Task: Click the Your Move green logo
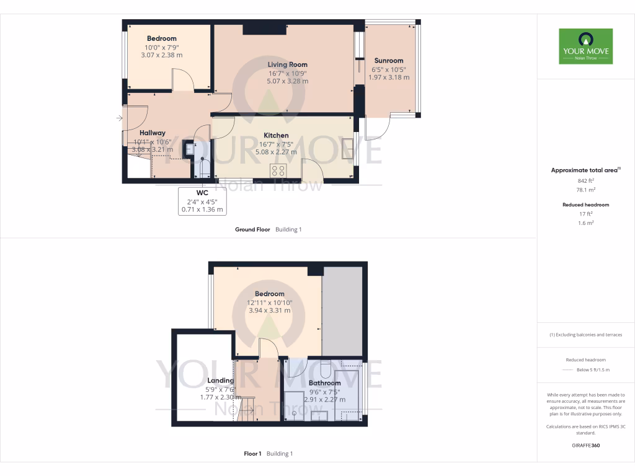point(585,46)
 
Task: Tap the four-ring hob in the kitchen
point(278,170)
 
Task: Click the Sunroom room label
point(389,61)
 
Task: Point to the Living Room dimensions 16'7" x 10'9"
point(288,73)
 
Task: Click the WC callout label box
point(202,201)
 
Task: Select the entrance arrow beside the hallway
point(119,118)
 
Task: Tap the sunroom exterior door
point(377,129)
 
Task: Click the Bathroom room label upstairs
point(325,383)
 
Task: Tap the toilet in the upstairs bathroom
point(324,370)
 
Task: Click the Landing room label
point(221,381)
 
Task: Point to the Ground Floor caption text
point(252,229)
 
